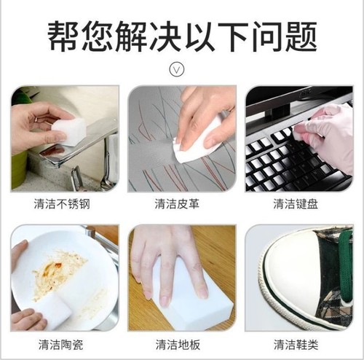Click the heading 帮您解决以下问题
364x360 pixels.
182,35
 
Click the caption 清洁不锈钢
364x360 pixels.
64,204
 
